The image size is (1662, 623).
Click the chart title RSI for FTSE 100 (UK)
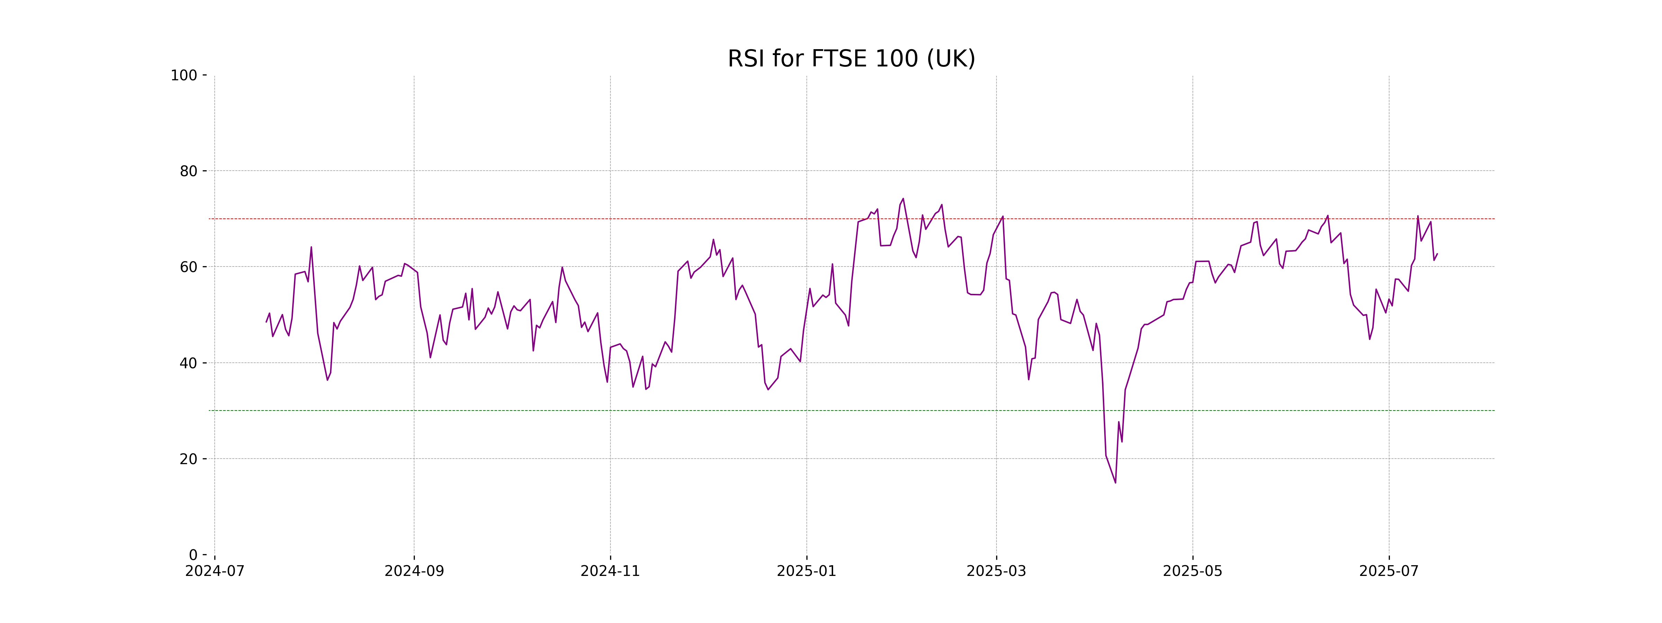coord(851,59)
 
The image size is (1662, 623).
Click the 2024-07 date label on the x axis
coord(215,571)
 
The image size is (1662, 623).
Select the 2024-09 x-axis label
coord(414,571)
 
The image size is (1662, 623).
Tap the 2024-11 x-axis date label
coord(610,571)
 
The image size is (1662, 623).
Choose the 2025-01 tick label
coord(806,571)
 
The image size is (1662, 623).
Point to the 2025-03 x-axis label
coord(996,571)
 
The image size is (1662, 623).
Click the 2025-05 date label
coord(1192,571)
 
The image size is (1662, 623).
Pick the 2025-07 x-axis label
coord(1389,571)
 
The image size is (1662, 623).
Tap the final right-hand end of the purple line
coord(1437,253)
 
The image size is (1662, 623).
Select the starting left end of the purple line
coord(266,322)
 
